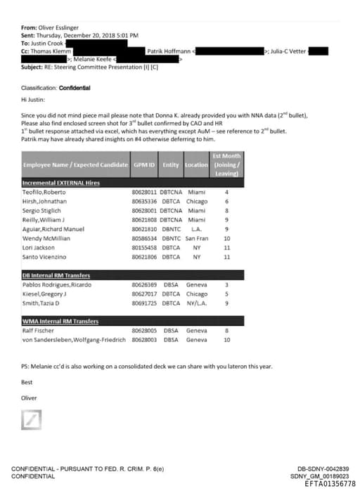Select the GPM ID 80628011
(x=144, y=192)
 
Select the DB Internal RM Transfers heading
(x=56, y=275)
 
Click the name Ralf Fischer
(x=39, y=330)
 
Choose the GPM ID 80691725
(x=144, y=303)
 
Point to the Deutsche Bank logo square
(x=31, y=421)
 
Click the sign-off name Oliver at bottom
(x=29, y=398)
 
